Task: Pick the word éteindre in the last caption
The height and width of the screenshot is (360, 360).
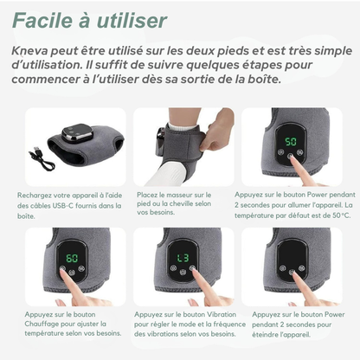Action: tap(260, 335)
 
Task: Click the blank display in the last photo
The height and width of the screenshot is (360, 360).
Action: tap(291, 257)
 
